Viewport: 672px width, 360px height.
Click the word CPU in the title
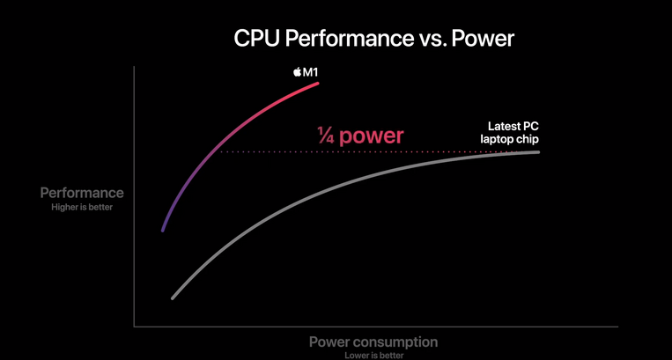(256, 39)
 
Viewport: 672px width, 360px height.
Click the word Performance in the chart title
(350, 39)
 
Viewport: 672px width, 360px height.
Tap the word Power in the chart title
(483, 39)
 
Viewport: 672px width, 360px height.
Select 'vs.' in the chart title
(432, 40)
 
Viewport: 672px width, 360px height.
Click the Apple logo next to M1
(297, 72)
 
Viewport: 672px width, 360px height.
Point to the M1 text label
(310, 72)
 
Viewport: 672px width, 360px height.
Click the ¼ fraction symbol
(326, 136)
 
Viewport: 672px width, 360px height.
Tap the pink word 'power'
(371, 136)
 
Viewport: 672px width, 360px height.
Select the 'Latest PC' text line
(513, 126)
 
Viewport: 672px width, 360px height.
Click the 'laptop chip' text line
(509, 139)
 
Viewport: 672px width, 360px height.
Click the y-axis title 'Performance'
(82, 193)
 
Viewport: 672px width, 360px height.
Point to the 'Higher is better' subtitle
(82, 207)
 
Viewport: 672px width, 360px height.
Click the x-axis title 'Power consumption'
(373, 342)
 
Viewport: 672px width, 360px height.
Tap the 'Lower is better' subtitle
(373, 356)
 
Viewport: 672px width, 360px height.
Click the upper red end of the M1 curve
(318, 84)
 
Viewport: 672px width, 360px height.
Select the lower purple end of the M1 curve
(163, 231)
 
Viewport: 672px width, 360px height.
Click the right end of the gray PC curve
(538, 152)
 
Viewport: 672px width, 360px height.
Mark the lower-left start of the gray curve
(173, 298)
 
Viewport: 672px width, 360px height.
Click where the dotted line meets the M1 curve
(218, 151)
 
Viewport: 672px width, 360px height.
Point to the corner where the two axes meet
(134, 327)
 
